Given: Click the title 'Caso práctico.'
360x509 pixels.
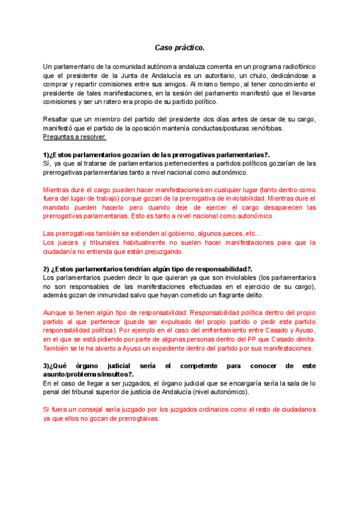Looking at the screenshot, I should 179,47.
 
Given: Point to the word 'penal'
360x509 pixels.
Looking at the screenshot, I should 55,392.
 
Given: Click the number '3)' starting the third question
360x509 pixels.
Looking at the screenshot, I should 46,366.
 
